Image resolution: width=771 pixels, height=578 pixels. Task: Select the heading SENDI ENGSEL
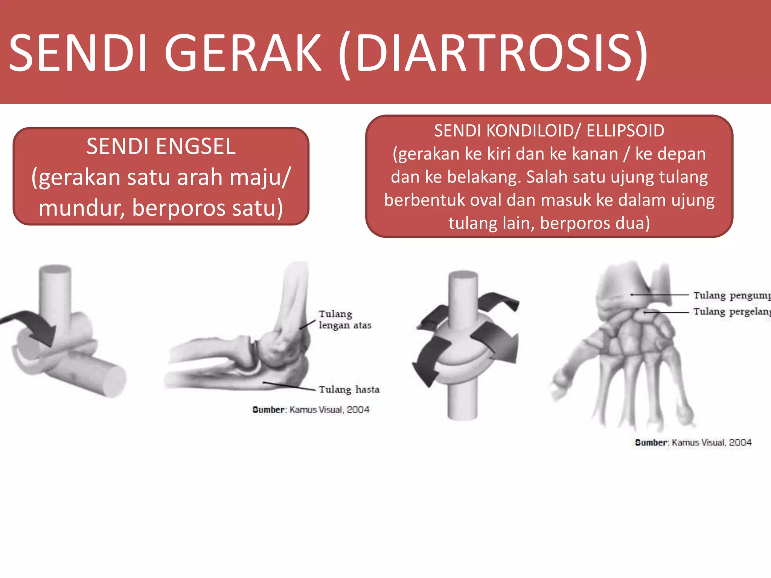click(x=161, y=146)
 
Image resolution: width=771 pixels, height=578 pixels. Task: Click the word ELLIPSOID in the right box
click(x=625, y=131)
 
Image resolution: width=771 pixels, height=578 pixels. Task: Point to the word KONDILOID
click(x=530, y=131)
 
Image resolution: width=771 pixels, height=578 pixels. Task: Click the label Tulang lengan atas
click(x=344, y=319)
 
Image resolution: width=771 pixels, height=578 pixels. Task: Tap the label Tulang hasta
click(x=349, y=389)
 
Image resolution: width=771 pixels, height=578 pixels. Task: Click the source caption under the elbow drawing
click(x=311, y=409)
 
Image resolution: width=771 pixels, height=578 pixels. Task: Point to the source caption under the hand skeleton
click(x=693, y=442)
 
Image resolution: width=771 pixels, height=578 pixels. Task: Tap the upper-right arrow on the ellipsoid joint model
click(x=497, y=301)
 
